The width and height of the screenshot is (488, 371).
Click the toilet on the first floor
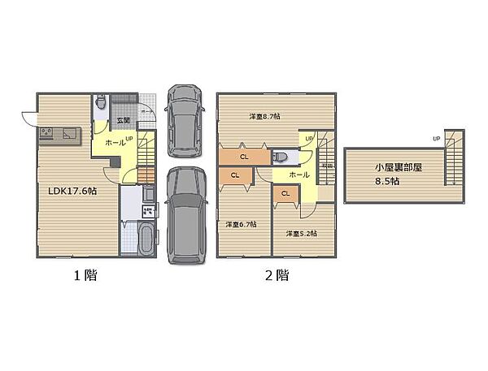coord(99,102)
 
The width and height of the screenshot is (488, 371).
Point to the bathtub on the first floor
coord(146,240)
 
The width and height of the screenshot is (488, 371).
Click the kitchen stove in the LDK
coord(46,132)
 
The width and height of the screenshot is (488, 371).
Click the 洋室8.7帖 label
coord(265,117)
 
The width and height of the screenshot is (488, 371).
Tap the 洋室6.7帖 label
coord(242,224)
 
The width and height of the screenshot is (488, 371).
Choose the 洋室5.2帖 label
coord(301,234)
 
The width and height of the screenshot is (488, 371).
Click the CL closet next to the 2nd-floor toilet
coord(244,156)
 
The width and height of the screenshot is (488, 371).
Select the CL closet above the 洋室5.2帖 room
coord(285,194)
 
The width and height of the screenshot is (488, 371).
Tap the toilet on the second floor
coord(281,155)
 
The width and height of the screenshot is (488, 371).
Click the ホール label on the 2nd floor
coord(298,175)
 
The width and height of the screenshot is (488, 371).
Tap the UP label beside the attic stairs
coord(438,139)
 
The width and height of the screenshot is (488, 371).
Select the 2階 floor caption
coord(276,275)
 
